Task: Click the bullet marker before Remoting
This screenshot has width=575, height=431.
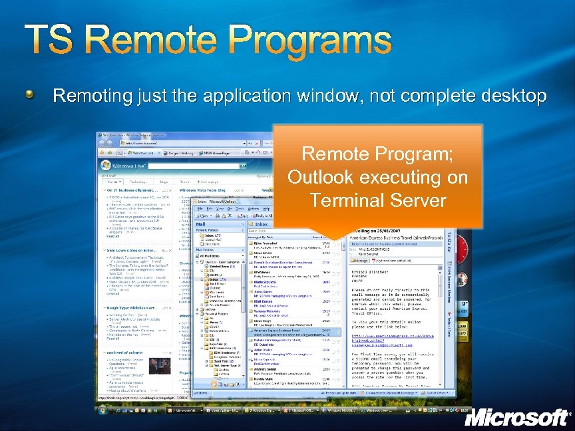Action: tap(31, 96)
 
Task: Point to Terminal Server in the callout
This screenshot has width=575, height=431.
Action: tap(377, 200)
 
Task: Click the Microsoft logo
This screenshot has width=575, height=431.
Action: tap(516, 417)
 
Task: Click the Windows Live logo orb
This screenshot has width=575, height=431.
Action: tap(105, 166)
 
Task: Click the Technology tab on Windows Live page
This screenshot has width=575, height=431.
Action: tap(138, 181)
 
